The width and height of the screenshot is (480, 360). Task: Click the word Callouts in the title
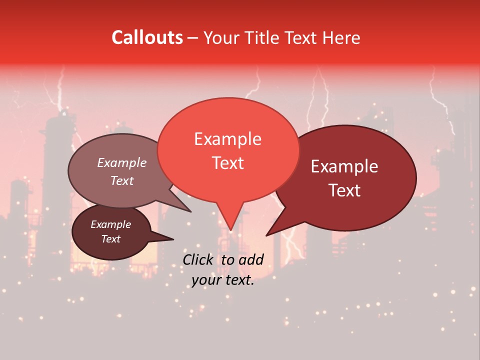pos(147,37)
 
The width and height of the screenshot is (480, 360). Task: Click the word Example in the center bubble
pos(228,139)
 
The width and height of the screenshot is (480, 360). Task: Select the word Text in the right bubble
pos(344,190)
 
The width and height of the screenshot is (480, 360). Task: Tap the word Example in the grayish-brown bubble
pos(122,162)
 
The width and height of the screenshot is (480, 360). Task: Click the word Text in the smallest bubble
pos(111,239)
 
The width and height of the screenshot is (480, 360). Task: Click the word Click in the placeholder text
pos(197,259)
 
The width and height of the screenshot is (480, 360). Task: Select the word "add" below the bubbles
pos(251,259)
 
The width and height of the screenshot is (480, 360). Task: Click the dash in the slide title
pos(193,37)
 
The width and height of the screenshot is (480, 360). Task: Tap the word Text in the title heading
pos(299,37)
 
